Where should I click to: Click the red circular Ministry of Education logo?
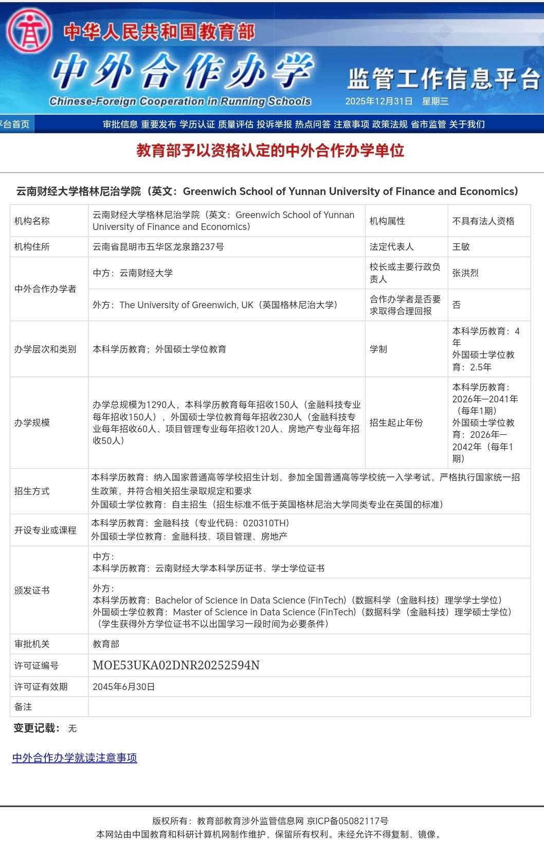pos(29,30)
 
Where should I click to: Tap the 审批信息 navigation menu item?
pos(120,124)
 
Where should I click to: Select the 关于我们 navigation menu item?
pos(467,124)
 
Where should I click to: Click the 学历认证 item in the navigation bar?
pos(197,124)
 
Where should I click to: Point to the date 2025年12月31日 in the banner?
pos(378,101)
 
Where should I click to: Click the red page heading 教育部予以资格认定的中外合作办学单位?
pos(270,150)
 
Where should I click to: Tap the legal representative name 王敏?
pos(461,247)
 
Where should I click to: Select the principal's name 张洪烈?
pos(465,273)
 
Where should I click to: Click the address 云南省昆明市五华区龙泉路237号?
pos(158,247)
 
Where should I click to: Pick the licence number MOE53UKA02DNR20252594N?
pos(176,665)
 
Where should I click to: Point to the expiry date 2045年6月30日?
pos(123,687)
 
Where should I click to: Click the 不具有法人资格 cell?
pos(483,221)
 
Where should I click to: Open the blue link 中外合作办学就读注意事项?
pos(75,758)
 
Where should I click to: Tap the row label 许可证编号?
pos(37,666)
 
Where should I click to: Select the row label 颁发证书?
pos(32,590)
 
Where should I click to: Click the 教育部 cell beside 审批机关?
pos(106,644)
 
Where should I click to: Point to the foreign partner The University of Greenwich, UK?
pos(186,305)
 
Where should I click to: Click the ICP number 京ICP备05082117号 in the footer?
pos(348,821)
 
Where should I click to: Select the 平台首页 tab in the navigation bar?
pos(15,124)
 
